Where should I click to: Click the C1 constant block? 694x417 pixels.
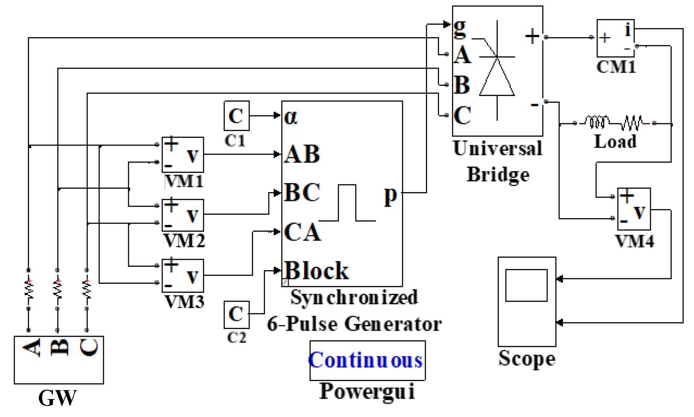[236, 116]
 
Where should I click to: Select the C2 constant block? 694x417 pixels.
[236, 315]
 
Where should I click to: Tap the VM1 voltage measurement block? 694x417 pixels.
[183, 155]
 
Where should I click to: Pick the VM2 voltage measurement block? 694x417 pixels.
[183, 215]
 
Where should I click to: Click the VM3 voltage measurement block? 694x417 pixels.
[183, 276]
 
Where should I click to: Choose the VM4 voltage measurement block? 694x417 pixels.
[634, 209]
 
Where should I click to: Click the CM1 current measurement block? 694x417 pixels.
[615, 38]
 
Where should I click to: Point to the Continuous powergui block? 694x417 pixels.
[367, 360]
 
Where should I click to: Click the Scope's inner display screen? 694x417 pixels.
[526, 285]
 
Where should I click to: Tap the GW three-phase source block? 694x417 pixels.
[59, 359]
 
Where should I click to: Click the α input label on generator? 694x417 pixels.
[291, 116]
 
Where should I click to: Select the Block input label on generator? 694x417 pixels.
[316, 271]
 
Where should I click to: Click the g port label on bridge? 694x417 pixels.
[460, 26]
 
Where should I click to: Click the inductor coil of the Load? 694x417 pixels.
[597, 122]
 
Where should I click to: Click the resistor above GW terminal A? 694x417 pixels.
[29, 289]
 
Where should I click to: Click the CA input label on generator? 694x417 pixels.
[302, 233]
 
